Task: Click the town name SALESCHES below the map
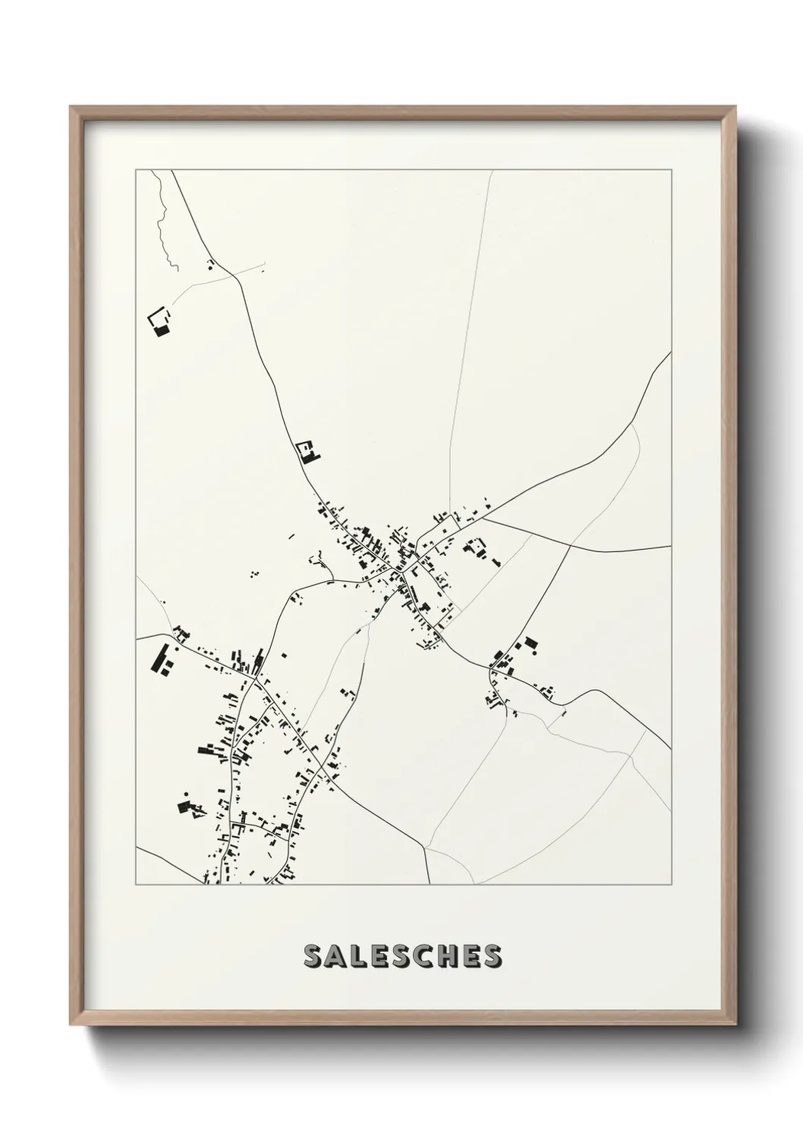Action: (402, 956)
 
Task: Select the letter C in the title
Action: (429, 956)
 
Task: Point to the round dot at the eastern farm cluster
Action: (534, 651)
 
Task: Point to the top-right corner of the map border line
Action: (672, 170)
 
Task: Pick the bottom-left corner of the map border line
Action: (136, 885)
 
